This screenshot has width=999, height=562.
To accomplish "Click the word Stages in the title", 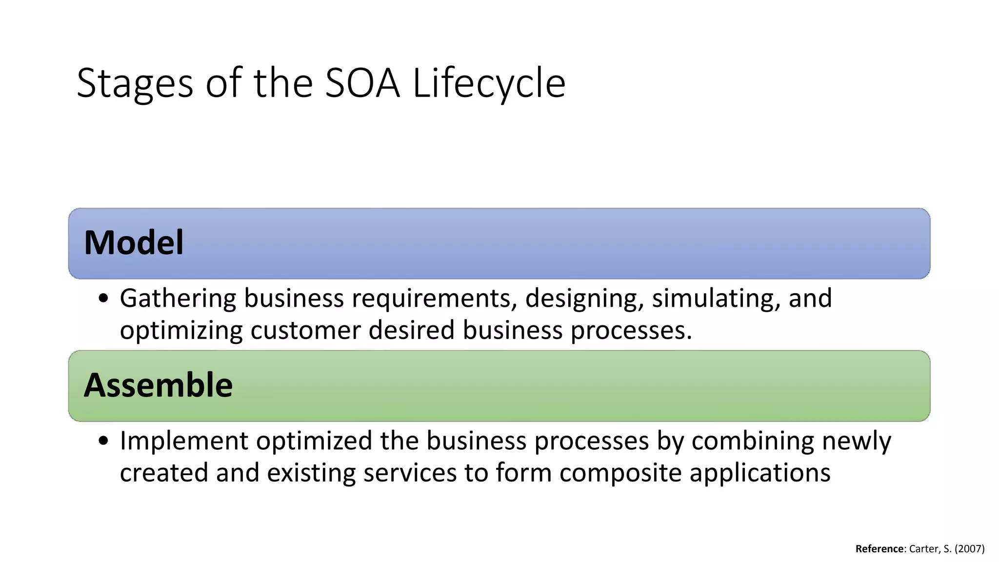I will [135, 83].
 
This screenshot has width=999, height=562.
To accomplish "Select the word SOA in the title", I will [362, 83].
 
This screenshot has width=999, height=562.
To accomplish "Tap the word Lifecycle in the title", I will [489, 83].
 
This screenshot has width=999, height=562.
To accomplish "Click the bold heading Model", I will [134, 242].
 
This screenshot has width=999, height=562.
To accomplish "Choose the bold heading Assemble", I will [158, 385].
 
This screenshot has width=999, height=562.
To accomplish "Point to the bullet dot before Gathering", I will [103, 299].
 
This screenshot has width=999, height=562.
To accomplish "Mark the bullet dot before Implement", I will [103, 441].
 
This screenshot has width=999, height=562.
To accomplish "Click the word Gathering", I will [178, 298].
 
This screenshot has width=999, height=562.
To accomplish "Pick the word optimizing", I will [181, 330].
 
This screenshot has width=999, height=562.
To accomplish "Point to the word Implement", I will [184, 441].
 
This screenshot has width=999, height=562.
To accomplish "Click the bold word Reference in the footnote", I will [879, 549].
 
